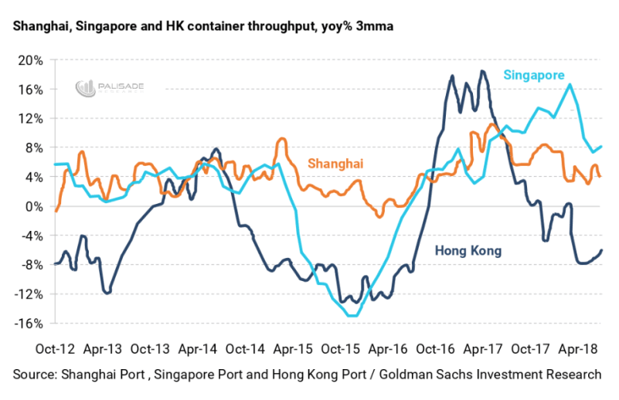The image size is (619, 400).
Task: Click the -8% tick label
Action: pyautogui.click(x=29, y=265)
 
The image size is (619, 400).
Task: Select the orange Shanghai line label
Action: pyautogui.click(x=335, y=163)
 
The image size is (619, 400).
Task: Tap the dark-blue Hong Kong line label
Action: pyautogui.click(x=468, y=250)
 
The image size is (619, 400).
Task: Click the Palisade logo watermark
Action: pyautogui.click(x=108, y=88)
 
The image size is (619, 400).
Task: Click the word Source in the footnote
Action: pyautogui.click(x=35, y=375)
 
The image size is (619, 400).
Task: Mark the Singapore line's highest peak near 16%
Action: pyautogui.click(x=570, y=84)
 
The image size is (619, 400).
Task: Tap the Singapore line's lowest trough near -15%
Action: pyautogui.click(x=352, y=316)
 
